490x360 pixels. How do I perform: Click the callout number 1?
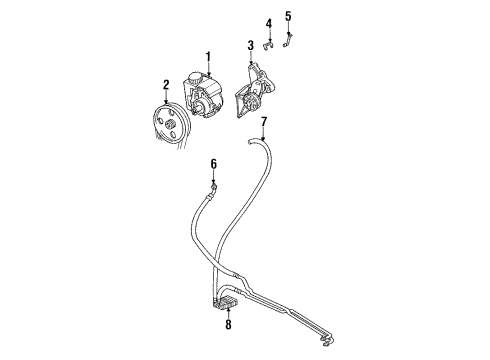click(x=208, y=56)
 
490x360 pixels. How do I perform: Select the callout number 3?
click(x=250, y=46)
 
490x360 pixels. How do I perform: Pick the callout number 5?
click(x=288, y=15)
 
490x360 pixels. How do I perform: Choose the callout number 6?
click(x=213, y=163)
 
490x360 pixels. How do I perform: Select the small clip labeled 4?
click(x=268, y=44)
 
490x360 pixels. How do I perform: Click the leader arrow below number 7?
click(x=263, y=135)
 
